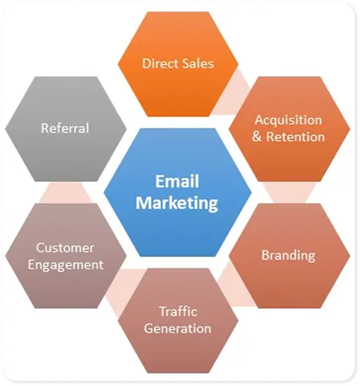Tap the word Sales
pos(199,64)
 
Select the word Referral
pos(65,128)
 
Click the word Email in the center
pos(177,181)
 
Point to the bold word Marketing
pos(177,203)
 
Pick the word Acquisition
pos(288,120)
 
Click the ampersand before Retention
pos(257,136)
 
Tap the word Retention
pos(295,136)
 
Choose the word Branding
pos(288,255)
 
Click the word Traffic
pos(178,311)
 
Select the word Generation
pos(177,329)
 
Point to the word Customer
pos(65,247)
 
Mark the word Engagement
pos(66,265)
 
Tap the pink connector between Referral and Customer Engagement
pos(65,192)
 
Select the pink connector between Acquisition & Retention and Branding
pos(289,192)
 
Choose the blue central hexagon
pos(177,192)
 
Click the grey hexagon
pos(66,129)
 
